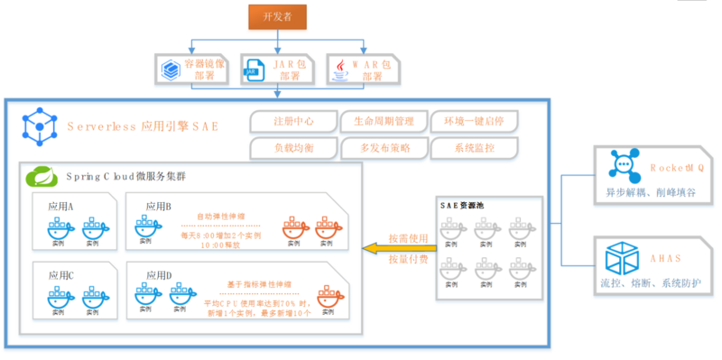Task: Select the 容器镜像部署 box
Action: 190,69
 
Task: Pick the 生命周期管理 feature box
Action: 382,121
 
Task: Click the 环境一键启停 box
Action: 474,121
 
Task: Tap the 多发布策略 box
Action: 382,147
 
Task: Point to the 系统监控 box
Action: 474,147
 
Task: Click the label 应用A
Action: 61,207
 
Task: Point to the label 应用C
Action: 61,275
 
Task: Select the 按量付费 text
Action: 403,262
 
